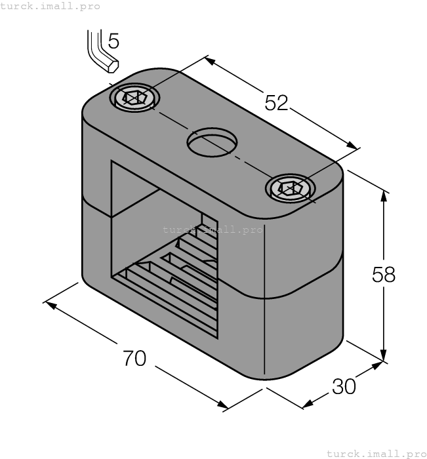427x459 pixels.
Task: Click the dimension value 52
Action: point(276,102)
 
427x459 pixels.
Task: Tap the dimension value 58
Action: point(384,274)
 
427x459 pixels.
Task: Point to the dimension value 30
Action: point(344,387)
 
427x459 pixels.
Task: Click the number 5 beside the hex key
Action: point(113,42)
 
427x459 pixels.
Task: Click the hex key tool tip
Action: point(113,66)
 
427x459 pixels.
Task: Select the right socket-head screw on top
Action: point(291,189)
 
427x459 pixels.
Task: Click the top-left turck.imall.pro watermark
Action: point(51,6)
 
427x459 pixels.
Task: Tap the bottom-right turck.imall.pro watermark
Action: point(376,453)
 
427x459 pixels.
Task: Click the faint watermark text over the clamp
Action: point(212,229)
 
